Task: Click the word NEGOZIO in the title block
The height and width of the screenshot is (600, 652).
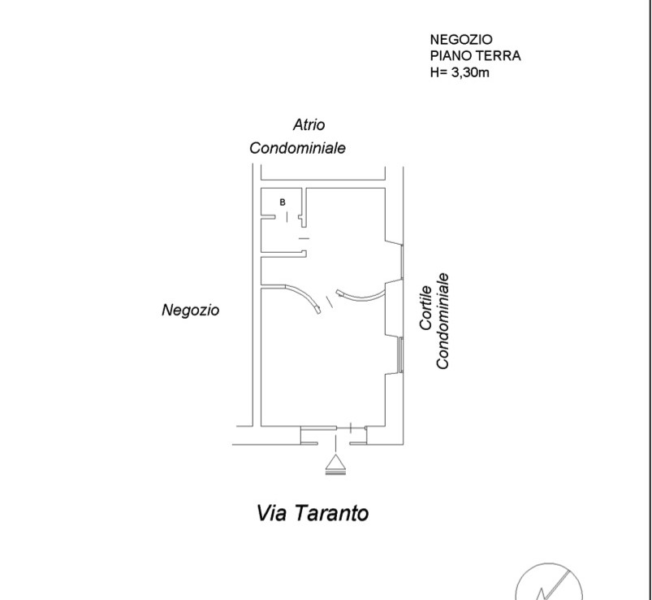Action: coord(461,40)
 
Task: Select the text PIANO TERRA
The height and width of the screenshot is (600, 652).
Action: coord(475,56)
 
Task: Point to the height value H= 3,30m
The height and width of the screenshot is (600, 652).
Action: coord(460,72)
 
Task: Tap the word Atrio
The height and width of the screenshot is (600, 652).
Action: coord(309,124)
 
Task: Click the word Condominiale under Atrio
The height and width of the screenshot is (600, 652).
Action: coord(297,148)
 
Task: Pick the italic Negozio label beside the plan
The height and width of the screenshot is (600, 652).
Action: coord(191,311)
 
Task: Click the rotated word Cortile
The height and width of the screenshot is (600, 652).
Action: coord(425,307)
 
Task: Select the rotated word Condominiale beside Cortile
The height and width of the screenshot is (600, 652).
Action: coord(442,321)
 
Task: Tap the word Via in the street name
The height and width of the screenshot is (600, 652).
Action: coord(271,513)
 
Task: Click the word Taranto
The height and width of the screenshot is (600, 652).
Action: coord(332,513)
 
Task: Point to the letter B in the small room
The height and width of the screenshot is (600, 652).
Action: coord(283,202)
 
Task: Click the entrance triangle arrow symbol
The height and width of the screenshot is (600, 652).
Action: coord(335,464)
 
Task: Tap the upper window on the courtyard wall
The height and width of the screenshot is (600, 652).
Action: coord(402,262)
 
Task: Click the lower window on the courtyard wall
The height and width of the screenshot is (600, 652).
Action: coord(401,354)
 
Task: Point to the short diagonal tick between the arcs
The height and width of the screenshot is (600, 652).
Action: coord(330,302)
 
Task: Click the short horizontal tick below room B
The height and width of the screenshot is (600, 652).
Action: coord(304,238)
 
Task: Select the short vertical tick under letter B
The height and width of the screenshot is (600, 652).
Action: coord(287,216)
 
